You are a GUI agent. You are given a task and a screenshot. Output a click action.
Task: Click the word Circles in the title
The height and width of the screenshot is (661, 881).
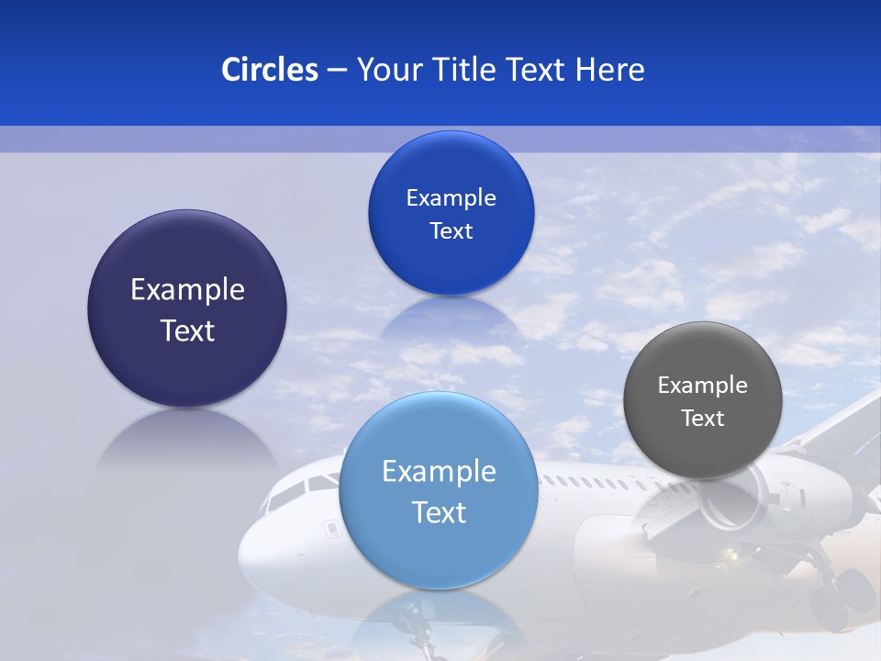coord(270,70)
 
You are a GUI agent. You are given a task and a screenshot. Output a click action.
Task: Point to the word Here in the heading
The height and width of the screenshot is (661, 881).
coord(610,70)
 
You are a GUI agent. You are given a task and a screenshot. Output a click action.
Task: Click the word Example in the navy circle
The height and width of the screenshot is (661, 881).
coord(187,290)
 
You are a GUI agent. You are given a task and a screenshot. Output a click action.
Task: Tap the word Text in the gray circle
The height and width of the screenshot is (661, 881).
coord(703,419)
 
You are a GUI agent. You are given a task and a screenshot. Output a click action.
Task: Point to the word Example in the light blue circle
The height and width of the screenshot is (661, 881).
coord(439,472)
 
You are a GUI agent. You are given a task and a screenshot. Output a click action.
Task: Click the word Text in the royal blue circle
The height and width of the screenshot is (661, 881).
coord(451,231)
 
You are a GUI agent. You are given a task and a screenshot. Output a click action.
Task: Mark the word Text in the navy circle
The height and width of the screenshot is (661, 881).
coord(187,330)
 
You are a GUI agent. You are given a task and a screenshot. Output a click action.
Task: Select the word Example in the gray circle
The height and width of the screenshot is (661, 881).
coord(703,386)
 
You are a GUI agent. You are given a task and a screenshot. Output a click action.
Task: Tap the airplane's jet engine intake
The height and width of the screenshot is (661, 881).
coord(734,496)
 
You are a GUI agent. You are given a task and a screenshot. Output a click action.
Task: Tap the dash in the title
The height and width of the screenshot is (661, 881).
coord(337,71)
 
